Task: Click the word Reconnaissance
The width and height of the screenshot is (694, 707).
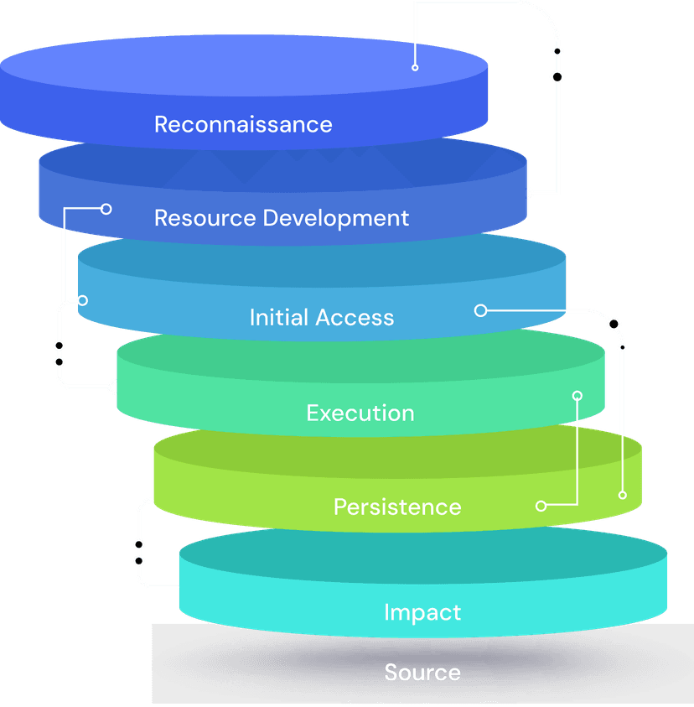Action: (243, 124)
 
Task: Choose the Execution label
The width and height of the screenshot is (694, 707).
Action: (360, 413)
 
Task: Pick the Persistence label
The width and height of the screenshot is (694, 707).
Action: (397, 507)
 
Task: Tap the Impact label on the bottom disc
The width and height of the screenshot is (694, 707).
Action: (422, 611)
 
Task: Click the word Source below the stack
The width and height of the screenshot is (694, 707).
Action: (422, 672)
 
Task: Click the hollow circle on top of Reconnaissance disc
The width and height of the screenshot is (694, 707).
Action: (415, 67)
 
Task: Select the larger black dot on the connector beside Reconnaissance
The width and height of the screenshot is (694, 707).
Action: (557, 77)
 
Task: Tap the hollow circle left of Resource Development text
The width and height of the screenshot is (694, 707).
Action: (106, 209)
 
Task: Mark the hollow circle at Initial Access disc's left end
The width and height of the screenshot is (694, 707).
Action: (83, 299)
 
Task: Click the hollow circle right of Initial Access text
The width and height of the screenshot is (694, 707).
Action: (480, 310)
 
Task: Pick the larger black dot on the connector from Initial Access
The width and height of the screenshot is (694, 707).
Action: (614, 324)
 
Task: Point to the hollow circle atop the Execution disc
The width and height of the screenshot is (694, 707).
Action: (577, 394)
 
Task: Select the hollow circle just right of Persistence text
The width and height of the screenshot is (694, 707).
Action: (541, 506)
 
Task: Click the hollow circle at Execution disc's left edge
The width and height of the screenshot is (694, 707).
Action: (114, 387)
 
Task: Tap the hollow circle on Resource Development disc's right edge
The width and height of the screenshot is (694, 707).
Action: (528, 194)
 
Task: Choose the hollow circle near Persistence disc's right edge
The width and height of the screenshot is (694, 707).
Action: (622, 495)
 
